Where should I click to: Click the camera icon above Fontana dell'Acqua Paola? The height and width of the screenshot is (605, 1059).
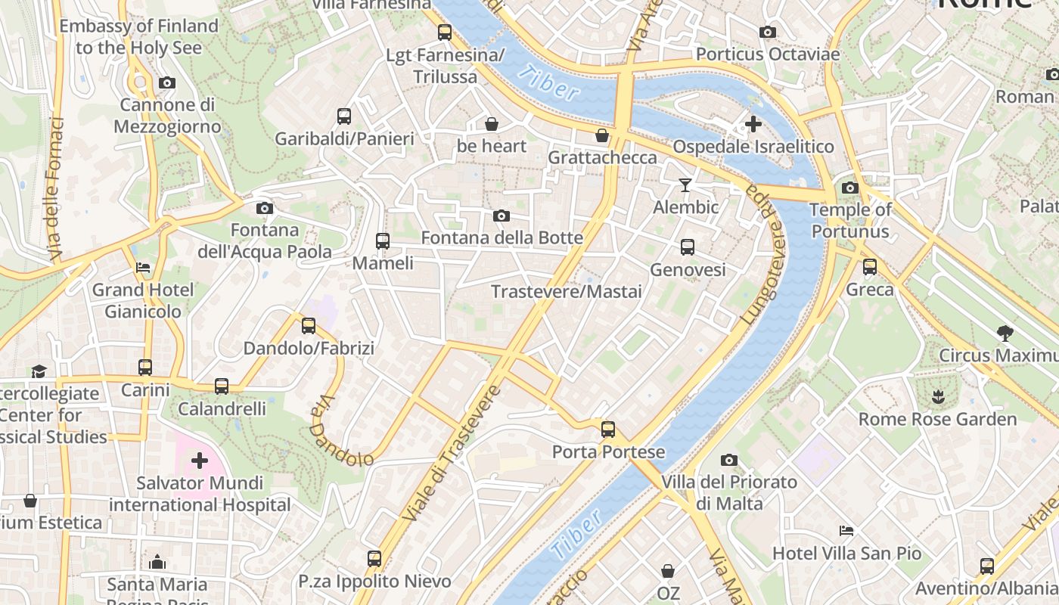[264, 208]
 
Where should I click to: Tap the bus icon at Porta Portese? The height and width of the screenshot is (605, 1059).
[608, 430]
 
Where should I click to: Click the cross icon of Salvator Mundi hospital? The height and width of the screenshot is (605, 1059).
[200, 460]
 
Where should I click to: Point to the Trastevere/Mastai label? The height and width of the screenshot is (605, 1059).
[566, 292]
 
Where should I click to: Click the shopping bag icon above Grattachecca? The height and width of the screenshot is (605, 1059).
[602, 135]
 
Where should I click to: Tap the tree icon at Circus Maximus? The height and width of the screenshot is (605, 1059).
[1005, 333]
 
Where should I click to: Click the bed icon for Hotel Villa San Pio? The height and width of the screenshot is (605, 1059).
[846, 531]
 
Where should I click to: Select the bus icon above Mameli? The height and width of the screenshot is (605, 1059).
[383, 241]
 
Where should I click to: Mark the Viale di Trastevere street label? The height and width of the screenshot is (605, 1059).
[452, 454]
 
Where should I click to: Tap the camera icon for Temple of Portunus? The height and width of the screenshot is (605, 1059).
[850, 188]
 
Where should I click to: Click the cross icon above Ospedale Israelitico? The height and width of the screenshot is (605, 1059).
[753, 124]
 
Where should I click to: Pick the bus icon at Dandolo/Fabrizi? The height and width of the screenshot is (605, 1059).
[309, 326]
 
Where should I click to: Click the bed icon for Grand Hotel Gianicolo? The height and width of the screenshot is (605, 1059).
[143, 268]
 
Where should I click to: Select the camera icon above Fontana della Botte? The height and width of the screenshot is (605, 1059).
[501, 216]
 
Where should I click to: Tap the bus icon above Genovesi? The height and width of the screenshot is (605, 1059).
[688, 247]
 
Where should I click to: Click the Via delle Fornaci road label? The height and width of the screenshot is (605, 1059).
[54, 189]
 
